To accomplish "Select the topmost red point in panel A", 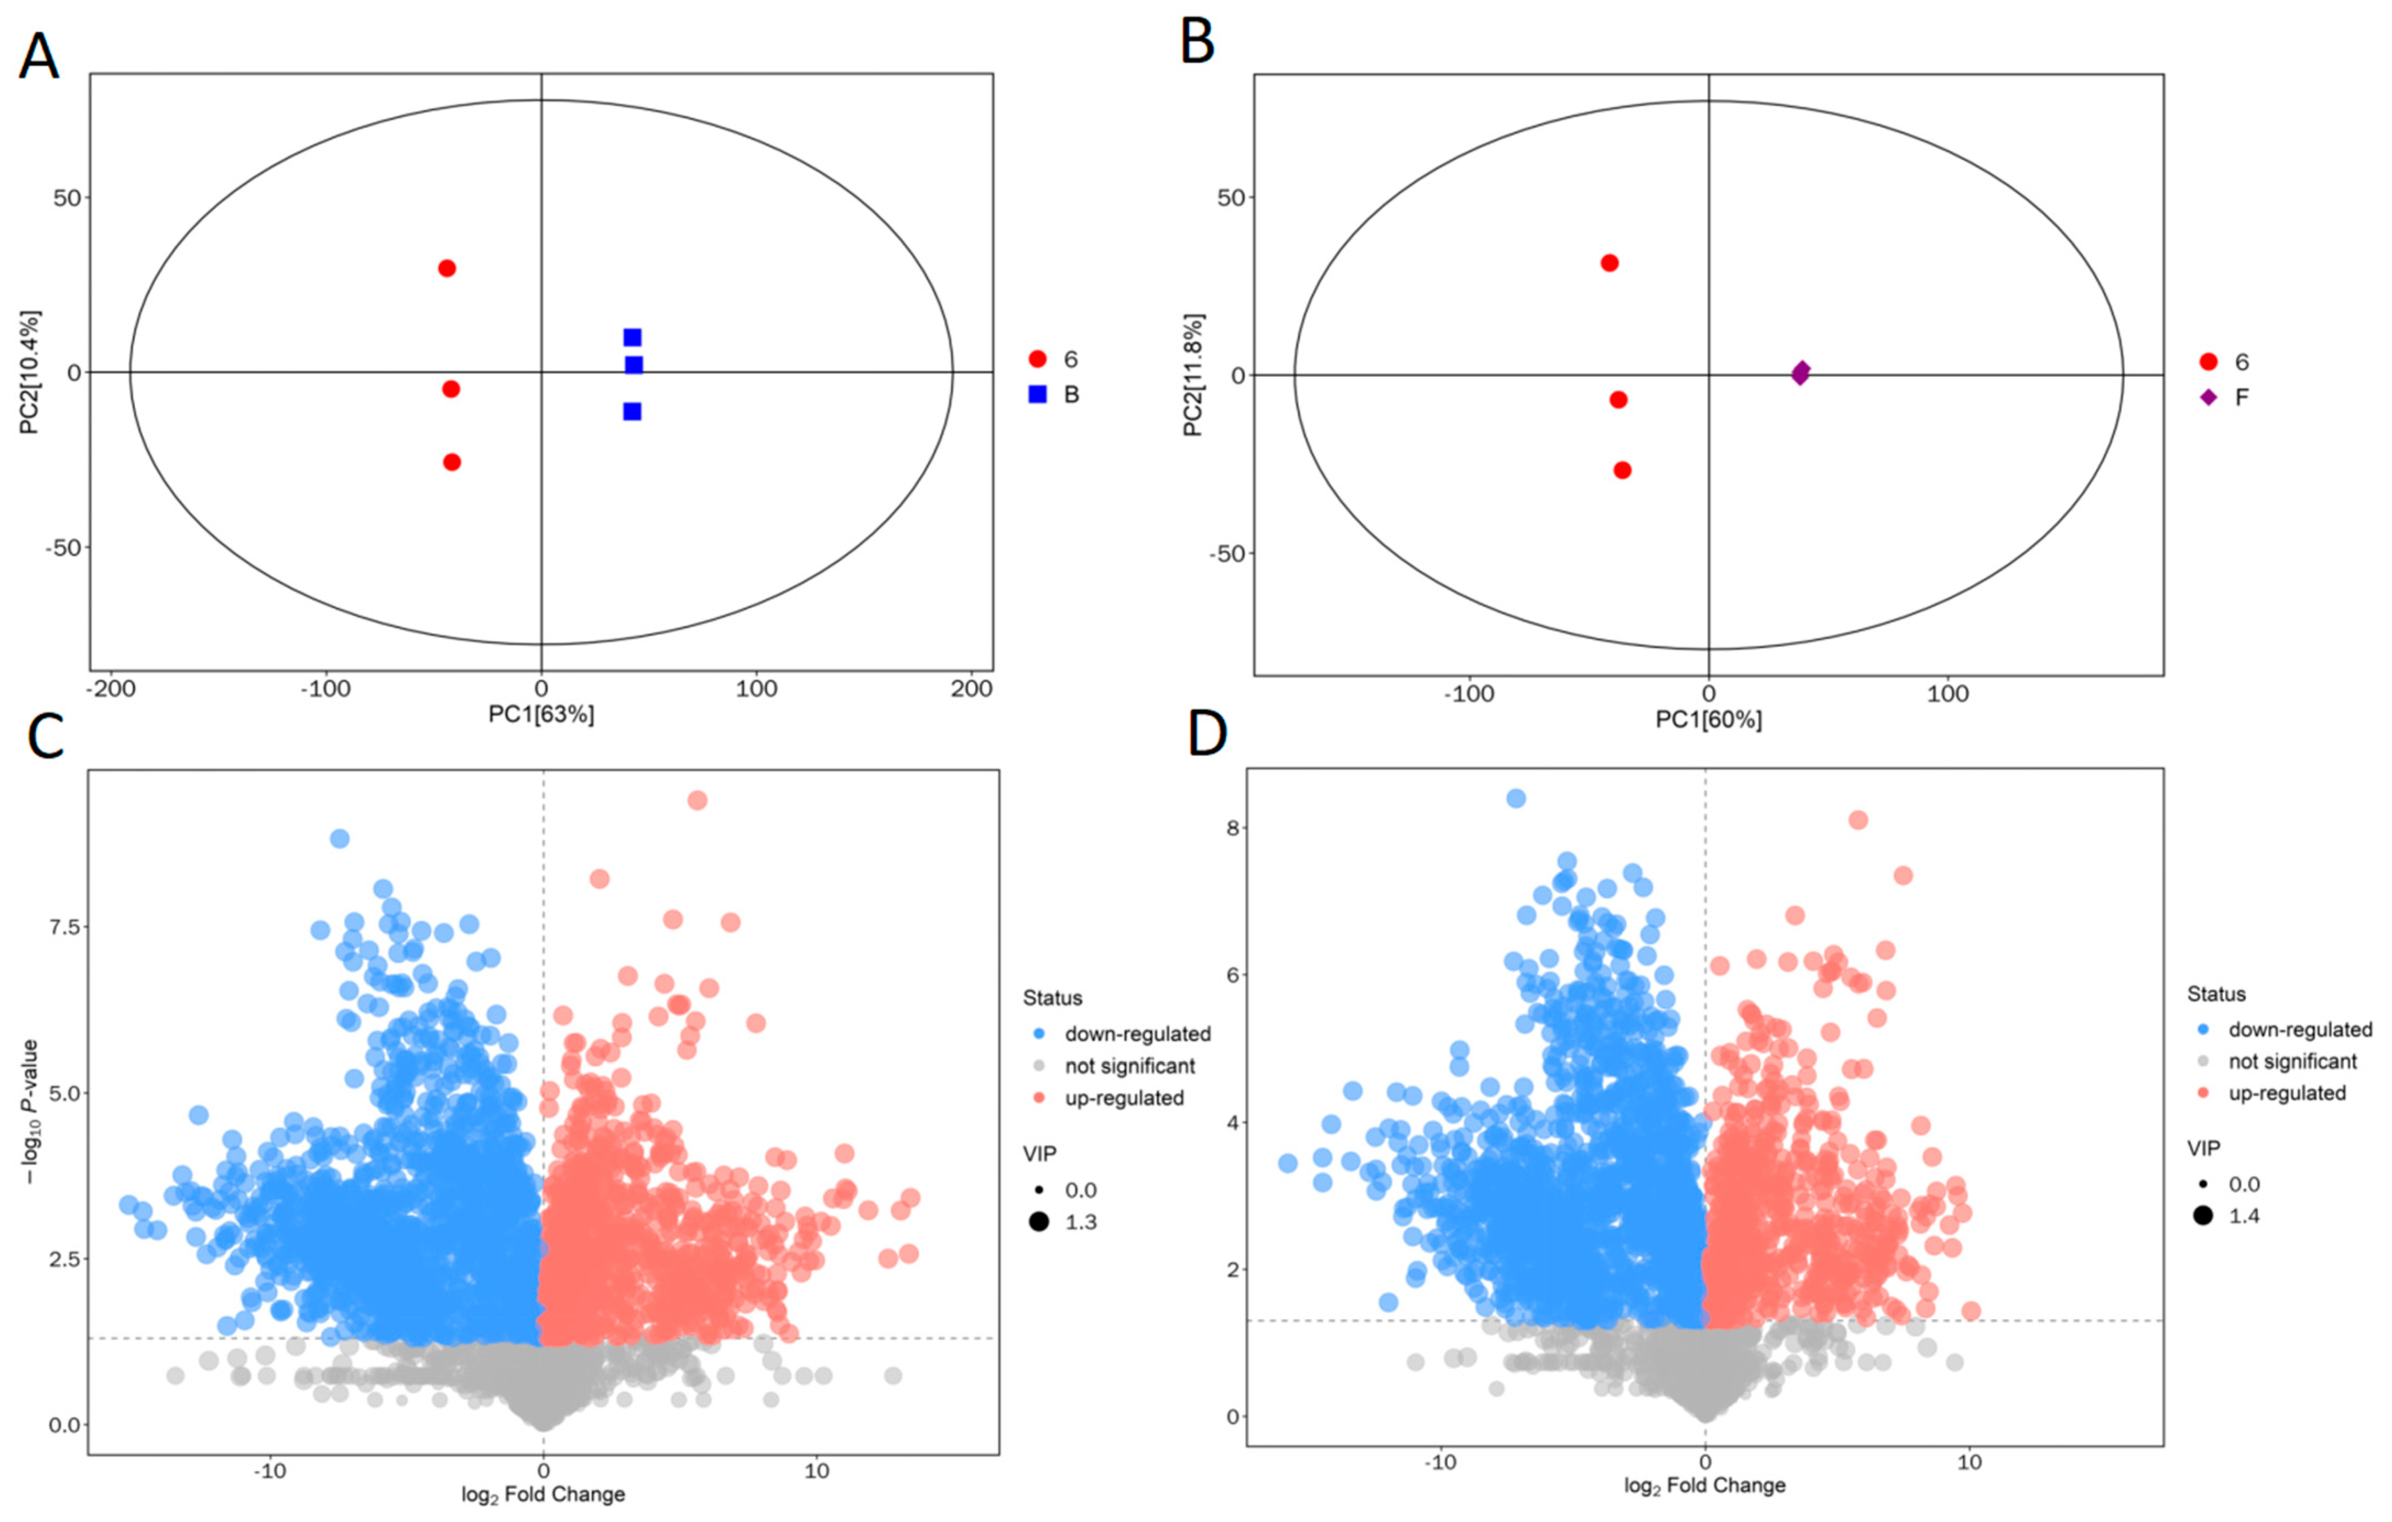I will (x=447, y=268).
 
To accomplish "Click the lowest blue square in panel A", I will (x=632, y=411).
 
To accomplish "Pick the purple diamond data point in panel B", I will (x=1800, y=373).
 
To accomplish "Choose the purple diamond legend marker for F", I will (x=2208, y=398).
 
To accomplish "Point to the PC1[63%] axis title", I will (x=541, y=714).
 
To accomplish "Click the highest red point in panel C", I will (x=698, y=801).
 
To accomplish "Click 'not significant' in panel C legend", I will (x=1130, y=1066).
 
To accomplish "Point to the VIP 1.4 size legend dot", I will (x=2203, y=1215).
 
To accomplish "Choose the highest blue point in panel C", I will (x=340, y=839).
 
